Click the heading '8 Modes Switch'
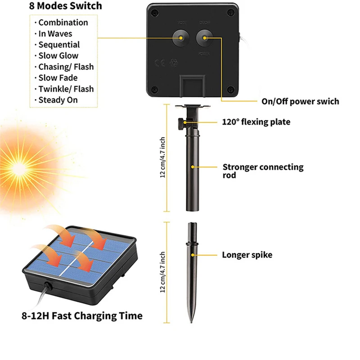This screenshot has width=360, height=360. tap(66, 6)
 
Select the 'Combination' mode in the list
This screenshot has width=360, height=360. tap(63, 22)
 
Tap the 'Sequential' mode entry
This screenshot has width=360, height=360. tap(59, 45)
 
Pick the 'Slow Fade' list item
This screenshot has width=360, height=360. tap(58, 78)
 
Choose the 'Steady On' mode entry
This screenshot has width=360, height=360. tap(58, 100)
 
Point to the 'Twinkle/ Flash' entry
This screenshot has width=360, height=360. tap(66, 89)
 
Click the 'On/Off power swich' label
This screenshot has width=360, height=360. tap(300, 101)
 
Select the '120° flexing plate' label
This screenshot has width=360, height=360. tap(256, 122)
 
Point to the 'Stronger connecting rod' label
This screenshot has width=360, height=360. tap(263, 171)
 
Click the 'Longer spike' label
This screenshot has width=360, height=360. tap(247, 255)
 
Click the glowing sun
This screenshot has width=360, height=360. tap(20, 166)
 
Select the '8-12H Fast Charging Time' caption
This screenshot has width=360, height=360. tap(82, 316)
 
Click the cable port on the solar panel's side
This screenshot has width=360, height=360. tap(47, 285)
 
